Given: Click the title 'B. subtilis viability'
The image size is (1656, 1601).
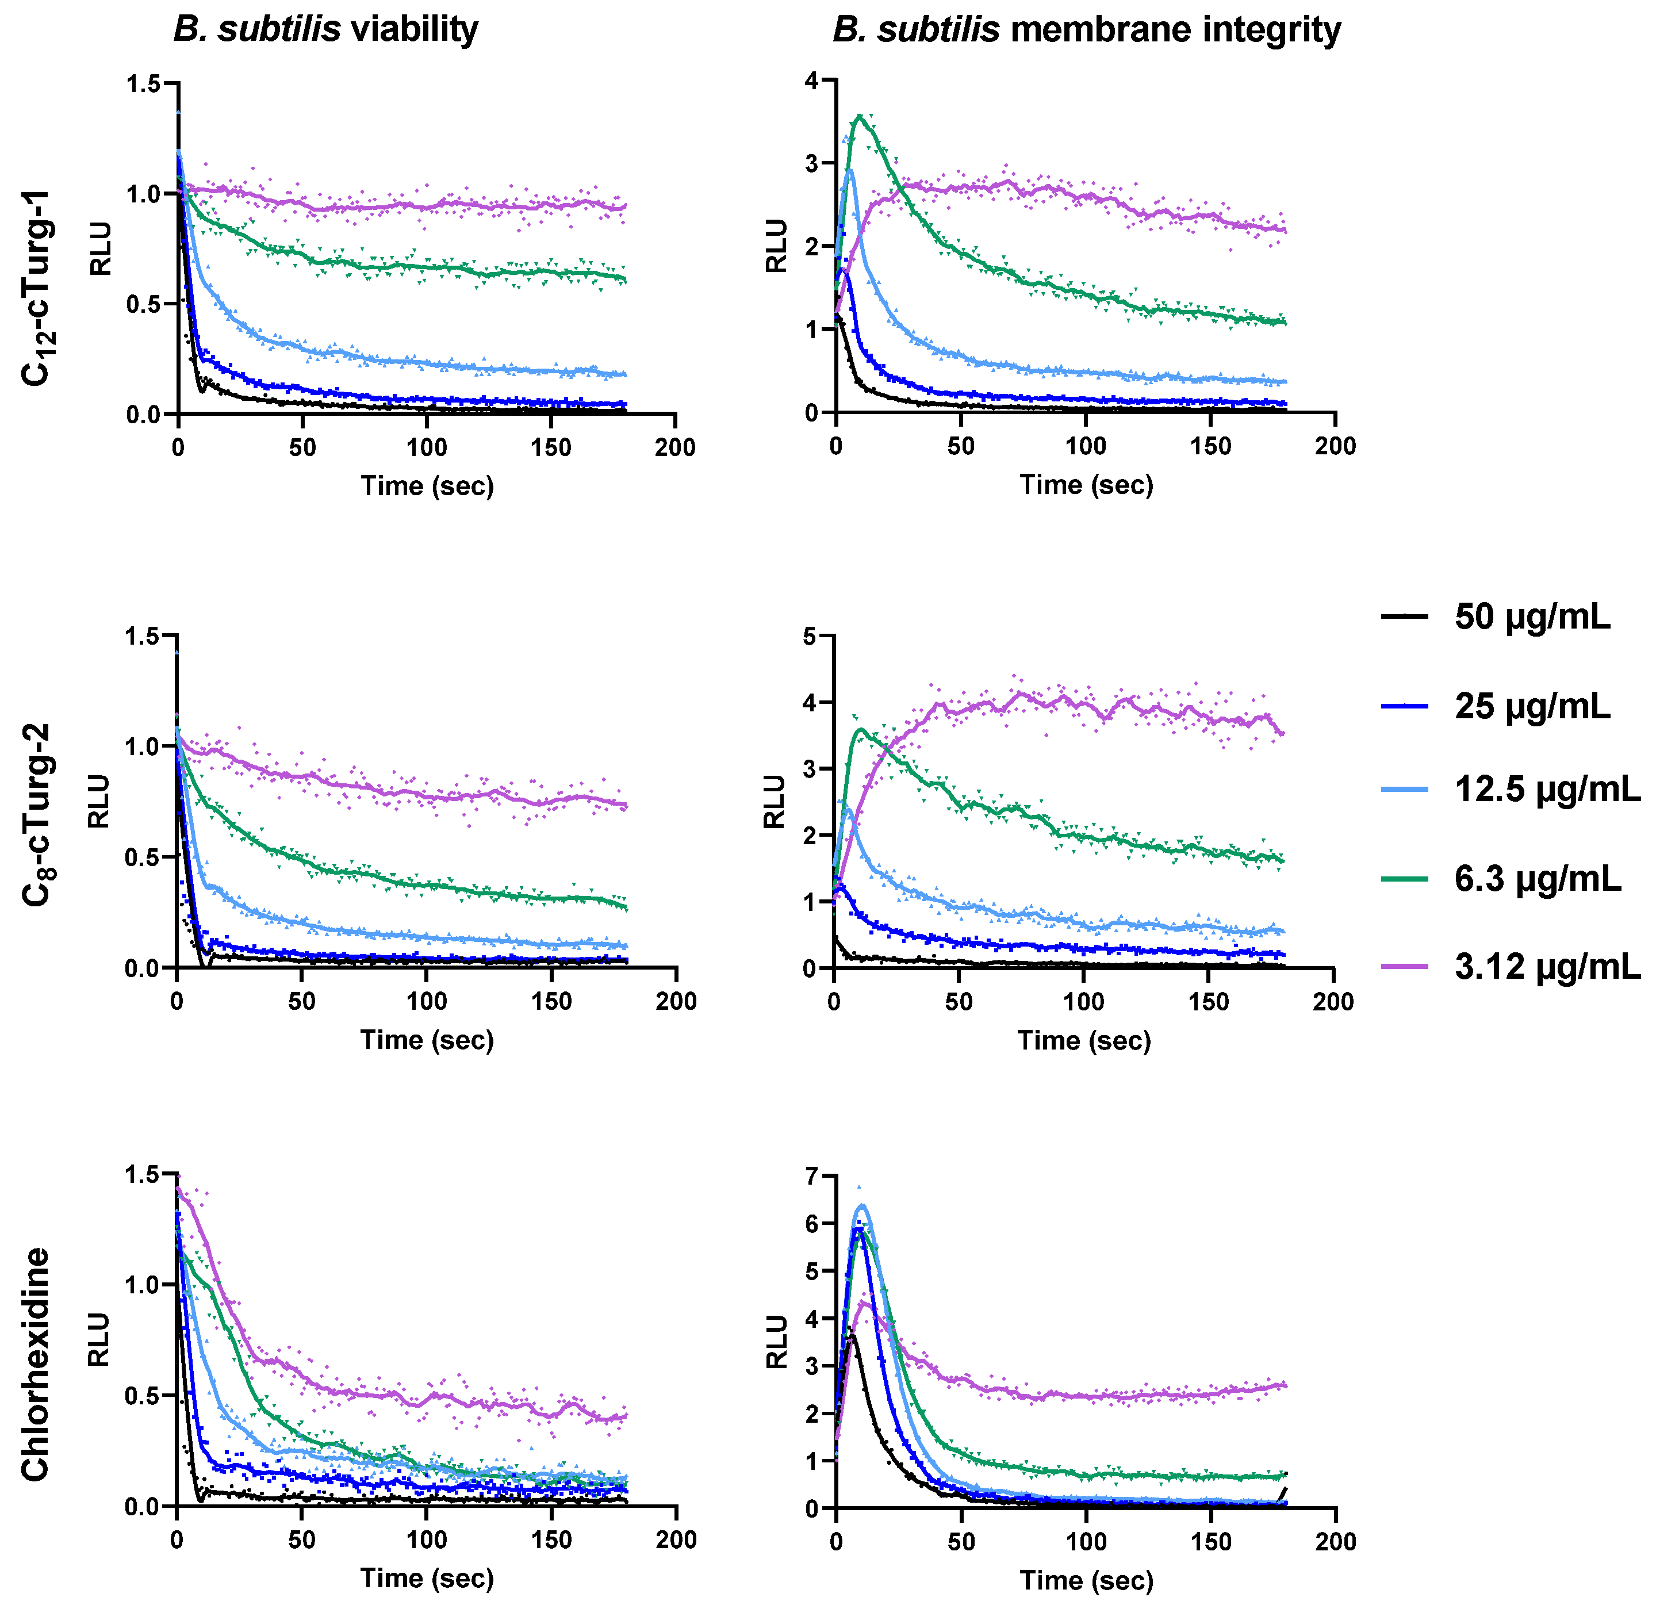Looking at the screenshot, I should (x=326, y=29).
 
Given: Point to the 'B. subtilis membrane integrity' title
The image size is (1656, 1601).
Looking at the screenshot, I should (x=1087, y=29).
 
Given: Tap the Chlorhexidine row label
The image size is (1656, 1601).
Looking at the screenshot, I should (x=36, y=1365).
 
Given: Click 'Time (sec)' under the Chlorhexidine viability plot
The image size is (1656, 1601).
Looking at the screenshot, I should (x=427, y=1577).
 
